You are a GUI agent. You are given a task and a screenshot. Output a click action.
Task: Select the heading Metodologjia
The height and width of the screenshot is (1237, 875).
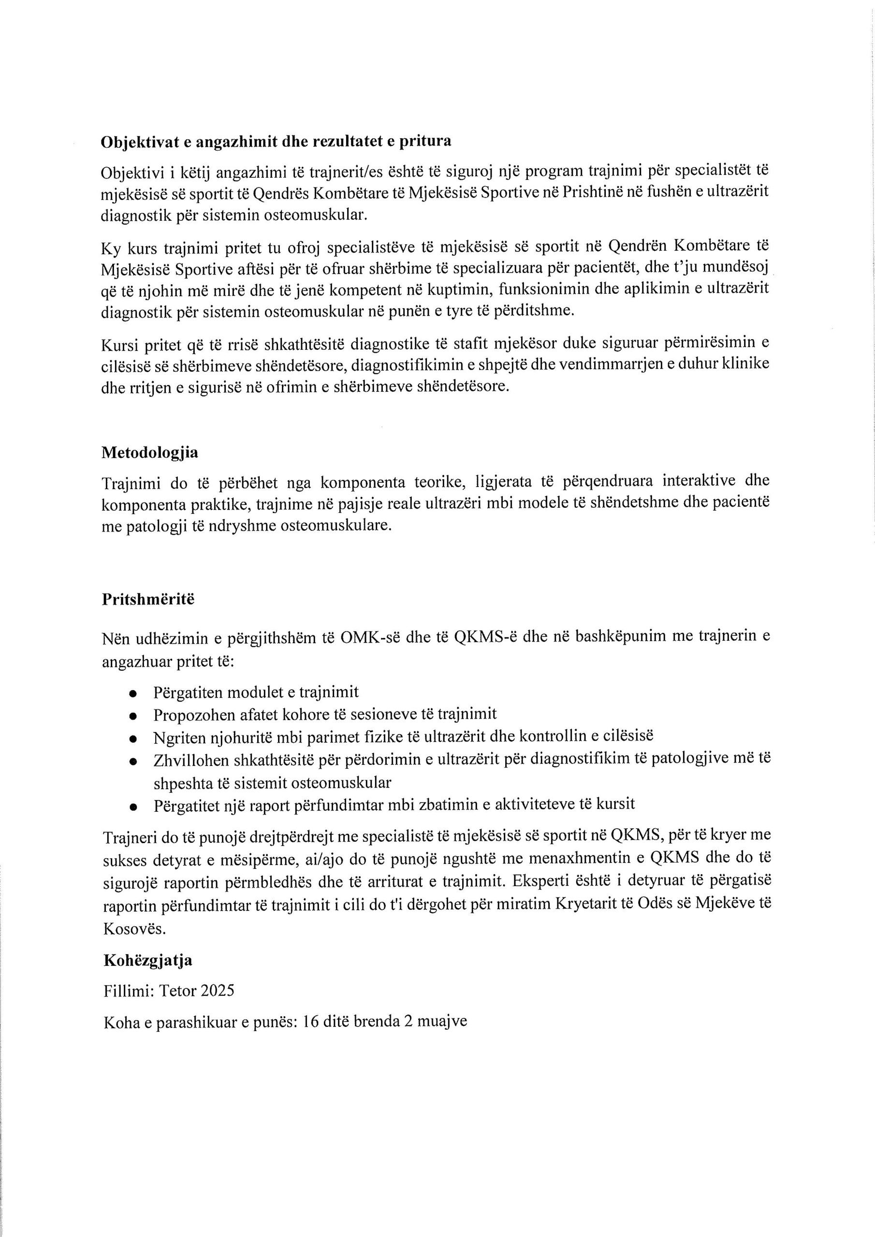pos(149,453)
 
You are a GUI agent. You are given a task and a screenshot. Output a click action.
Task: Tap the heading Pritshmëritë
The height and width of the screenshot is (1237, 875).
pos(148,600)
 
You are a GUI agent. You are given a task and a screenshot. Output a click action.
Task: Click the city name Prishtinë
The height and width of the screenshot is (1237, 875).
pos(591,193)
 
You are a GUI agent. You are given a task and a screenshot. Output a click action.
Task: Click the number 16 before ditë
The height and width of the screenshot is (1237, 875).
pos(311,1021)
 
